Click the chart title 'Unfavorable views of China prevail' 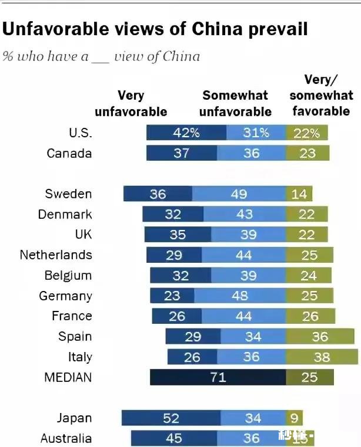point(155,29)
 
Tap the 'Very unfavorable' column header point(131,103)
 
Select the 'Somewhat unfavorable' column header point(235,103)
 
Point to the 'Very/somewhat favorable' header point(321,96)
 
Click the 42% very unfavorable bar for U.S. point(186,133)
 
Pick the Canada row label point(69,153)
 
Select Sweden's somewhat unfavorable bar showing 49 point(239,194)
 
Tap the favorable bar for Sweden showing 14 point(299,194)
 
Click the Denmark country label point(65,214)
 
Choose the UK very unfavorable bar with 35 point(177,235)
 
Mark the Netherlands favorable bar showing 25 point(309,255)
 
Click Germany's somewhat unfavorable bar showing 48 point(240,296)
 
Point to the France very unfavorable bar point(177,316)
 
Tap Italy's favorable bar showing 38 point(322,357)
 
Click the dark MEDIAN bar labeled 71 point(218,377)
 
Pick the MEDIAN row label point(68,377)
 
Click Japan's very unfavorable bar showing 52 point(171,418)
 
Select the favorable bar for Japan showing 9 point(294,418)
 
